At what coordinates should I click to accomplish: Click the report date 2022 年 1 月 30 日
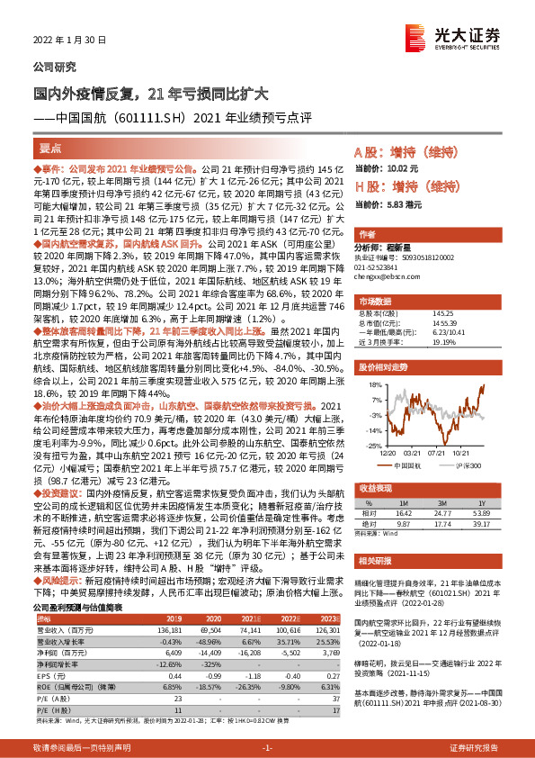(x=69, y=41)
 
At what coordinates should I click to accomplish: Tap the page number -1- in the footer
(x=266, y=748)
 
